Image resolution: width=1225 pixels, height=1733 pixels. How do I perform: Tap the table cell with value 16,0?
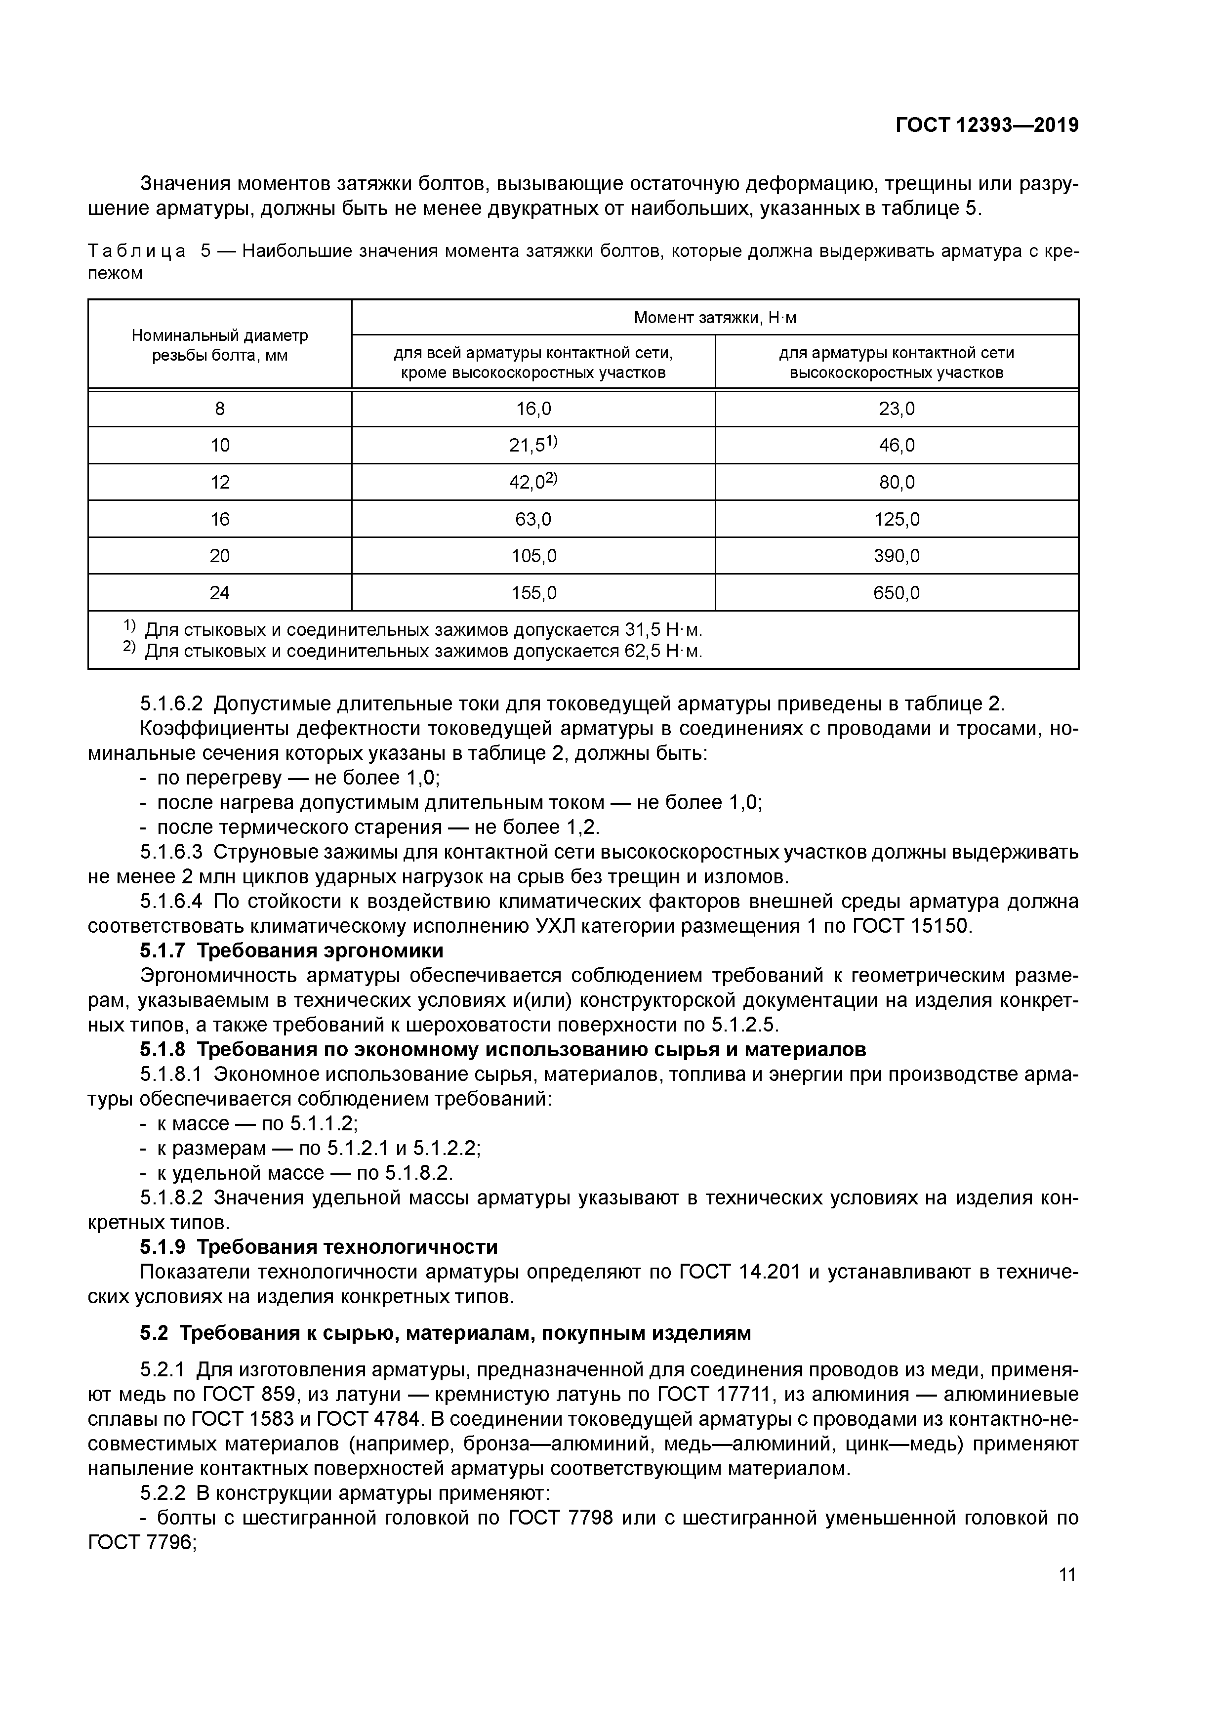coord(533,409)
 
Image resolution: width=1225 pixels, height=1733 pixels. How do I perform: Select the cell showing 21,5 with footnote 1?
coord(533,445)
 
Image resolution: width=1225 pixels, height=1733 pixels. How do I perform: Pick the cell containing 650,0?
coord(896,592)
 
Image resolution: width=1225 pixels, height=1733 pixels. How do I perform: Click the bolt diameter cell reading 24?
coord(220,592)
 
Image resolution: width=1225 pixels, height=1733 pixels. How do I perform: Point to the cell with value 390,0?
coord(896,556)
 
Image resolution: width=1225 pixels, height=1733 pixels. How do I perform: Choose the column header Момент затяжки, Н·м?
coord(714,318)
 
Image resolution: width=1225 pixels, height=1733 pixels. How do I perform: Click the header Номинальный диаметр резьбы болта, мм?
coord(220,344)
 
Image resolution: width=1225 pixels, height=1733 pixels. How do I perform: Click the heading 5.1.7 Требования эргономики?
coord(291,950)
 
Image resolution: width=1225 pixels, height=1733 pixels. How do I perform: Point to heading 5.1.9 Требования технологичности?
coord(319,1246)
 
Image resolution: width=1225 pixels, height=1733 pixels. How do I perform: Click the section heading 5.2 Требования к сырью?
coord(446,1333)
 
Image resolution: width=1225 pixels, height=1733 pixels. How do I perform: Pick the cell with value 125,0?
coord(896,519)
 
